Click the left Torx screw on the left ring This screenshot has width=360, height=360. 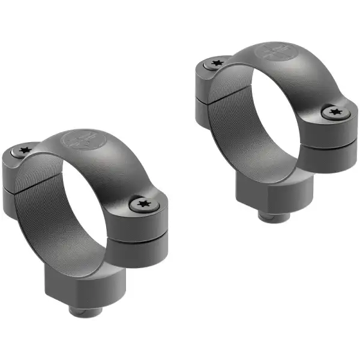point(25,150)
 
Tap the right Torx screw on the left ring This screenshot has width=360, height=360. point(143,204)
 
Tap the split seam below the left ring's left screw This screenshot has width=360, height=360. point(18,180)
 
